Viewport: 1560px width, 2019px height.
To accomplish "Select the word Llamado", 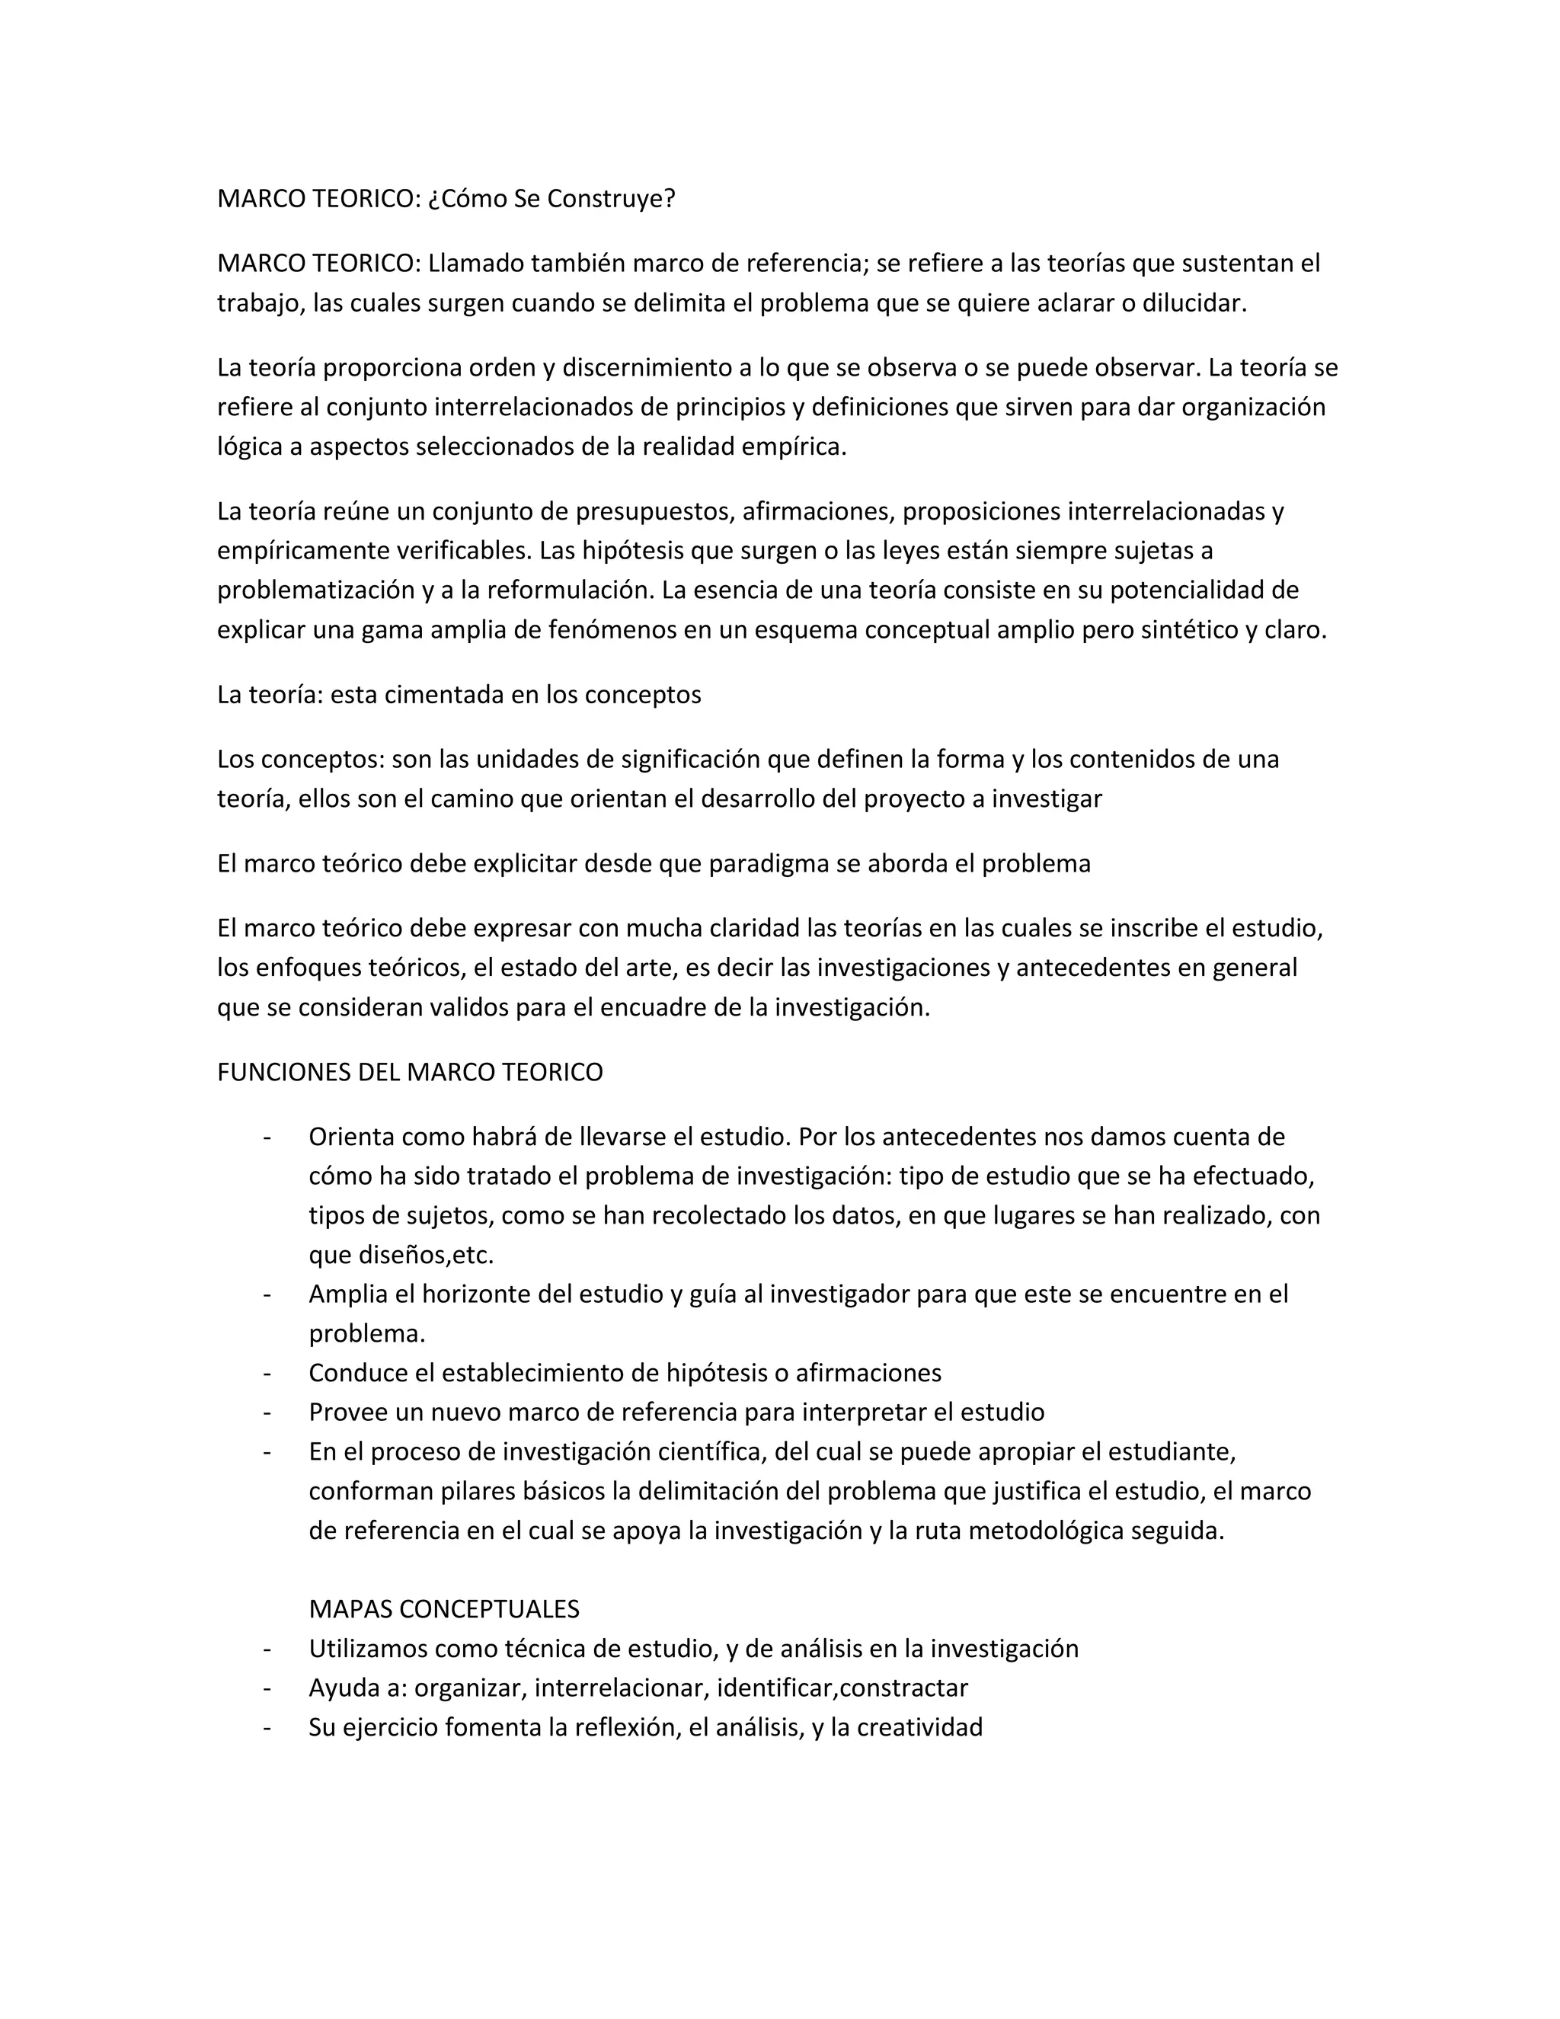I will click(472, 264).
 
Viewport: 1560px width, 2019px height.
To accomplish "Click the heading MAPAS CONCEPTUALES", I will click(443, 1609).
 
